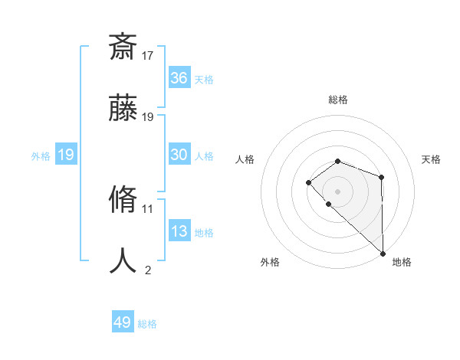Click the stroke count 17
tap(148, 55)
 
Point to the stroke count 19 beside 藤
tap(148, 117)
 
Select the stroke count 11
tap(148, 208)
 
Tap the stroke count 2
tap(148, 270)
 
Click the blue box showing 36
tap(179, 78)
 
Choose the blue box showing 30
tap(179, 155)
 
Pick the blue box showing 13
tap(179, 231)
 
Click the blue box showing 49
tap(123, 322)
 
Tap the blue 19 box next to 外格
tap(66, 155)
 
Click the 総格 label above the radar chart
tap(338, 100)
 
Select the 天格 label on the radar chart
tap(431, 159)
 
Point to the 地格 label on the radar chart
tap(402, 262)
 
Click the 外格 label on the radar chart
tap(270, 262)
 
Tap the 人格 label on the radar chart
tap(245, 159)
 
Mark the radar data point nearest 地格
tap(383, 253)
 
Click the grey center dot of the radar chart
tap(337, 191)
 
